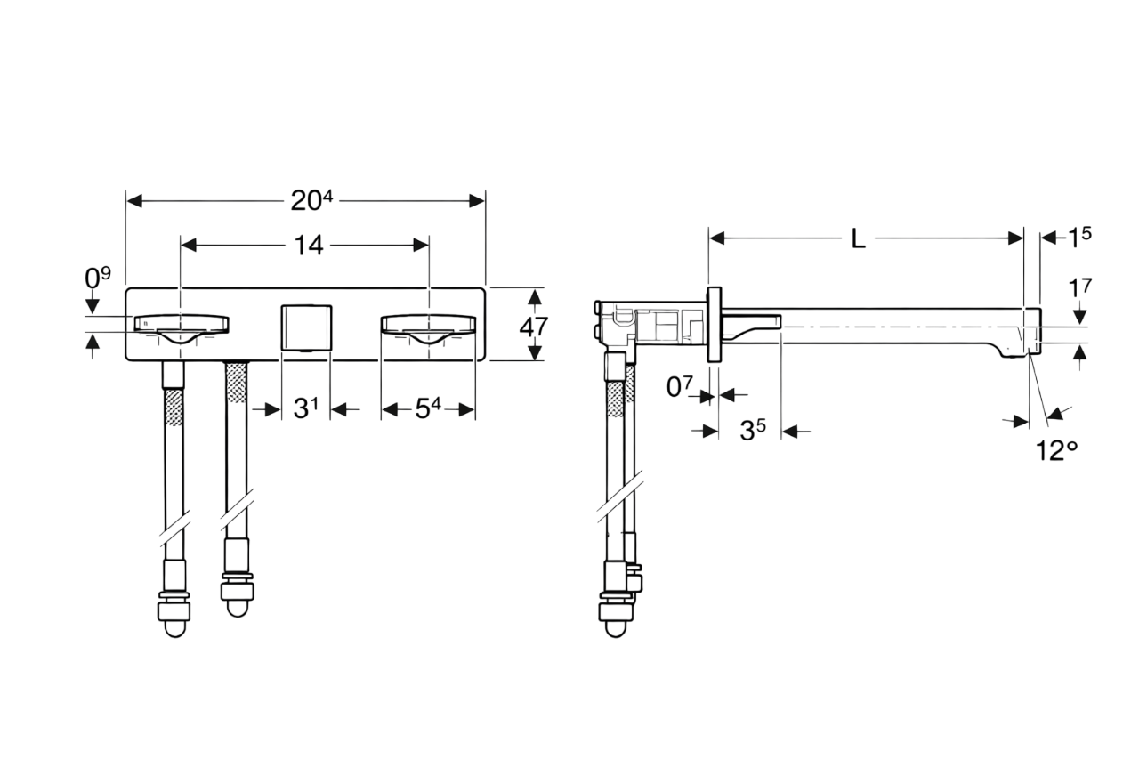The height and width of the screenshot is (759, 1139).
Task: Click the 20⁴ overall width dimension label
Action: pyautogui.click(x=311, y=200)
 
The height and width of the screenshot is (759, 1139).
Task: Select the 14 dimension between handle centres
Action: pyautogui.click(x=309, y=245)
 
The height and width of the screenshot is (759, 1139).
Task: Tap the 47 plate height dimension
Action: pyautogui.click(x=533, y=327)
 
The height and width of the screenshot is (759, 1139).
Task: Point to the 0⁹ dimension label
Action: pyautogui.click(x=97, y=277)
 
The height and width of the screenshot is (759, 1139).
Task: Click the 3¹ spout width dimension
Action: pyautogui.click(x=305, y=408)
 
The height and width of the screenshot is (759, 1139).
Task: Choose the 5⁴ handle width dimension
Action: pyautogui.click(x=428, y=408)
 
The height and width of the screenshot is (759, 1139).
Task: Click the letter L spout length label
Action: pyautogui.click(x=859, y=238)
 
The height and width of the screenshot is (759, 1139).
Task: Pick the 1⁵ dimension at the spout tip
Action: pyautogui.click(x=1079, y=238)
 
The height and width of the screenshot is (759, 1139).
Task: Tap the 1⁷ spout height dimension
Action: pyautogui.click(x=1080, y=288)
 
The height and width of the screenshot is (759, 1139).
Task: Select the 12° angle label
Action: pyautogui.click(x=1056, y=450)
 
